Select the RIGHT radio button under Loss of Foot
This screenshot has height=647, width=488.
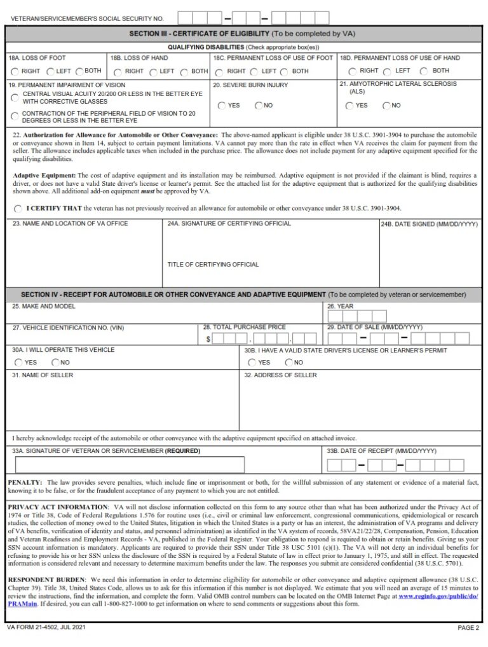[15, 72]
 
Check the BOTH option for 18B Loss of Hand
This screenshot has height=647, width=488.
[184, 72]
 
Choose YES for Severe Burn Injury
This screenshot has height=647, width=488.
[222, 106]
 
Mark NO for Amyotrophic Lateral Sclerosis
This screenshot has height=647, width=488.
[386, 106]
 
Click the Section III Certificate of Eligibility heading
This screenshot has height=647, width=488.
[199, 33]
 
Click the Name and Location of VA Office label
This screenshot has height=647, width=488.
[71, 223]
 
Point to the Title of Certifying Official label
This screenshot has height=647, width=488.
[213, 265]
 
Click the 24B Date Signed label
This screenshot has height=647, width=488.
[429, 224]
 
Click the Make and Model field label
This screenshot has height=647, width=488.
[44, 307]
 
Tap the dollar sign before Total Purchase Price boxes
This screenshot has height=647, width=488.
[208, 340]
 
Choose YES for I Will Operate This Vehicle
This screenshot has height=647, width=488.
[18, 363]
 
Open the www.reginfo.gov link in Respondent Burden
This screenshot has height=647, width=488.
[439, 596]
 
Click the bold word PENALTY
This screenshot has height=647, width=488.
[25, 483]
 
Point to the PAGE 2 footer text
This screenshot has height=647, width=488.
[468, 628]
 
